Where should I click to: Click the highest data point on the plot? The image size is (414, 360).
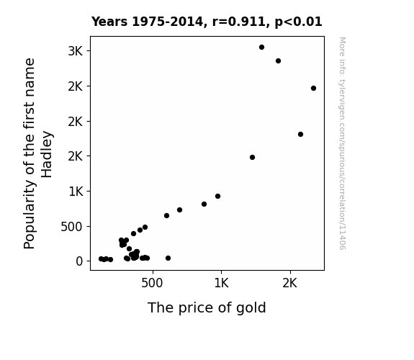[261, 48]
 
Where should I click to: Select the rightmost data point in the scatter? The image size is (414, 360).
[313, 89]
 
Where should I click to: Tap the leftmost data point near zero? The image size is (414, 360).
[101, 259]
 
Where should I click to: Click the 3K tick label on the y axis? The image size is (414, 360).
[76, 51]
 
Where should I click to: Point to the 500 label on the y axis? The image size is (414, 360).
[71, 227]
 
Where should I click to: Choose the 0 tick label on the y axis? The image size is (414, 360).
[79, 261]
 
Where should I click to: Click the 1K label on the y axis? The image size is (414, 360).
[76, 192]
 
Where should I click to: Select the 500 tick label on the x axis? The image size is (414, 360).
[152, 283]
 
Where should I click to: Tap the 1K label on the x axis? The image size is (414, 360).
[221, 283]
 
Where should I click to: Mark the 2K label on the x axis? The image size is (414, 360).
[290, 283]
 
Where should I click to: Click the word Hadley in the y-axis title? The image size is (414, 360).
[47, 154]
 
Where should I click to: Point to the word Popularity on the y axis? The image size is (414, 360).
[29, 215]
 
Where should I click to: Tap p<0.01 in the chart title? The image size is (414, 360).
[298, 22]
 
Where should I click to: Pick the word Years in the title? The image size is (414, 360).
[109, 22]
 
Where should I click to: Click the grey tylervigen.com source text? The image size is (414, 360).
[342, 143]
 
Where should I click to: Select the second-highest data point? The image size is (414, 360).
[278, 61]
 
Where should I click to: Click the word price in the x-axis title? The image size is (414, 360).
[196, 308]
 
